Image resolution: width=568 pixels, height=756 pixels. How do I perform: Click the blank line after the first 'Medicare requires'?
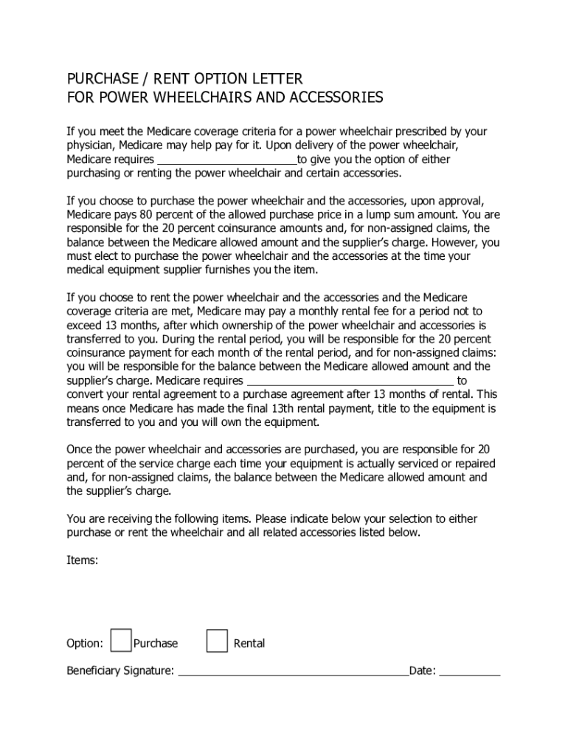226,159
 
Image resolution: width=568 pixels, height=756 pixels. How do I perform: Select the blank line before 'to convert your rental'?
350,380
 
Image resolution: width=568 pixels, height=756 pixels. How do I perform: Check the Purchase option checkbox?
121,641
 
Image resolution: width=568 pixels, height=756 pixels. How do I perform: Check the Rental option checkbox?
217,641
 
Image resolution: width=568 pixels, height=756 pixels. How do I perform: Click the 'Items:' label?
82,560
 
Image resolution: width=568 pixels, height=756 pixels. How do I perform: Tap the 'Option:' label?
85,643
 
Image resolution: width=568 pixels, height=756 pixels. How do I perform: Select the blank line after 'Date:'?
470,671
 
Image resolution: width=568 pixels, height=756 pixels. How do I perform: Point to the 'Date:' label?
423,671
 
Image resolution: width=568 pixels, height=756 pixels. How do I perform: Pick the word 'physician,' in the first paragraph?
91,145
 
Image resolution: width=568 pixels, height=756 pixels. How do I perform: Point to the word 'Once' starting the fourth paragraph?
80,450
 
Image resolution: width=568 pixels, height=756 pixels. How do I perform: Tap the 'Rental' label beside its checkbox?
249,643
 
